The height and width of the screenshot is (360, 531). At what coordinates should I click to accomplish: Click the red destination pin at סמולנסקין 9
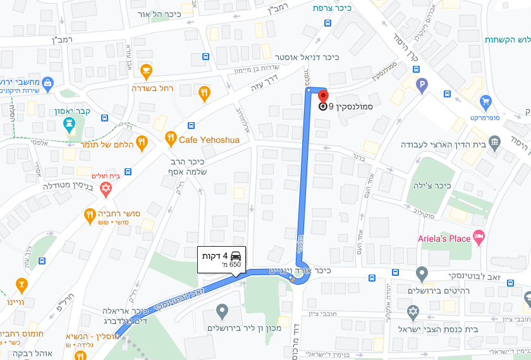coord(323,97)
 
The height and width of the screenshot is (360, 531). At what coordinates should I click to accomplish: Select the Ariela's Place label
coord(445,239)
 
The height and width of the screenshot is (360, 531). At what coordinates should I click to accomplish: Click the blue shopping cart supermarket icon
coord(485,101)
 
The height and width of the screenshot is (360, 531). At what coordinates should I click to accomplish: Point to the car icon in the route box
coord(235,256)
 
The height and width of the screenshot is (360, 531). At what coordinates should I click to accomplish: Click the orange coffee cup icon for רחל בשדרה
coord(146,71)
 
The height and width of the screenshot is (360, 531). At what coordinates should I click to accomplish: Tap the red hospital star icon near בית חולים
coord(106,188)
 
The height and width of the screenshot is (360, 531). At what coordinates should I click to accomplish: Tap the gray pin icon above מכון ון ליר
coord(221,311)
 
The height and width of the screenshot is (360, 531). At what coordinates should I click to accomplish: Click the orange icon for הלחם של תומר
coord(142,143)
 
